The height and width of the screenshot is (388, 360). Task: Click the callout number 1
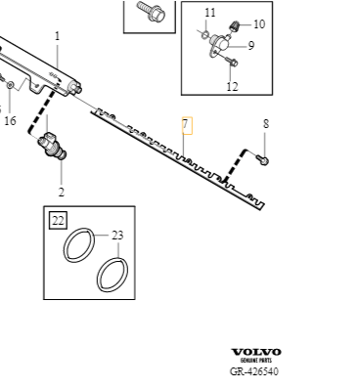pos(58,36)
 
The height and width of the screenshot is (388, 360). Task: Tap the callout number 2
pos(62,193)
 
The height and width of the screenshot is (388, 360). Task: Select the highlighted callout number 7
pos(187,125)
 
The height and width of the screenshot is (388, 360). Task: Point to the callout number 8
pos(266,124)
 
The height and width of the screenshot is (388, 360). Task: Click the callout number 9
pos(250,46)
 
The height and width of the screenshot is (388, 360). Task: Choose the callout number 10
pos(259,24)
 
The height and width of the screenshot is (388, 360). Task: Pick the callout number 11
pos(210,13)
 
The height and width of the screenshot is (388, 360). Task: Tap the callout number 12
pos(232,87)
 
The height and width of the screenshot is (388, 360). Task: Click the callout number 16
pos(10,121)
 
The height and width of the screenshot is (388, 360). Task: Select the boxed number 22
pos(58,221)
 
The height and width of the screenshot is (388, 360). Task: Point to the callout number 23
pos(117,236)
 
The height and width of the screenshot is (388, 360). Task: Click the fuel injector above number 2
pos(53,146)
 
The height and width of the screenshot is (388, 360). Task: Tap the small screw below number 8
pos(262,159)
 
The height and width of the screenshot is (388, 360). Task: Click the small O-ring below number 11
pos(204,34)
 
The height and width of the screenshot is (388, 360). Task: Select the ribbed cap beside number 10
pos(235,25)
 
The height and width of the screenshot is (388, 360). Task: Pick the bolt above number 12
pos(231,61)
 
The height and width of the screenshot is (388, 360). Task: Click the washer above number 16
pos(10,85)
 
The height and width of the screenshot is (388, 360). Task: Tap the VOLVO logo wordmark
pos(256,352)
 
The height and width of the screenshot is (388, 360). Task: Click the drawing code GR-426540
pos(254,371)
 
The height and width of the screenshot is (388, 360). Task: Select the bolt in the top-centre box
pos(152,12)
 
